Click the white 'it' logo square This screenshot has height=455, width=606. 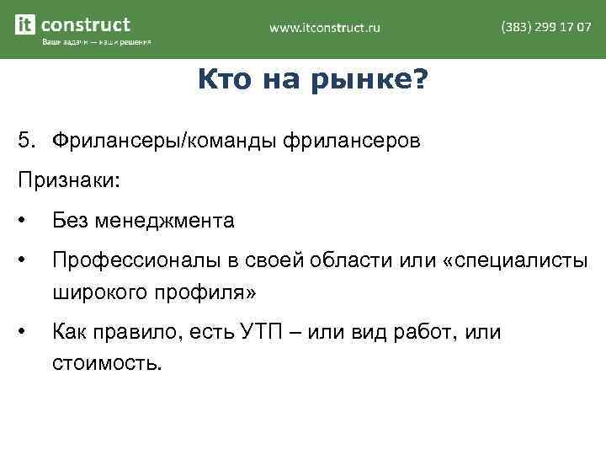click(26, 25)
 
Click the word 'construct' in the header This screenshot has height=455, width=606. click(86, 24)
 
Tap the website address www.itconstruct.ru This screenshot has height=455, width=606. click(325, 28)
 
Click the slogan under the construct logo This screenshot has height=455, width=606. click(96, 43)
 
